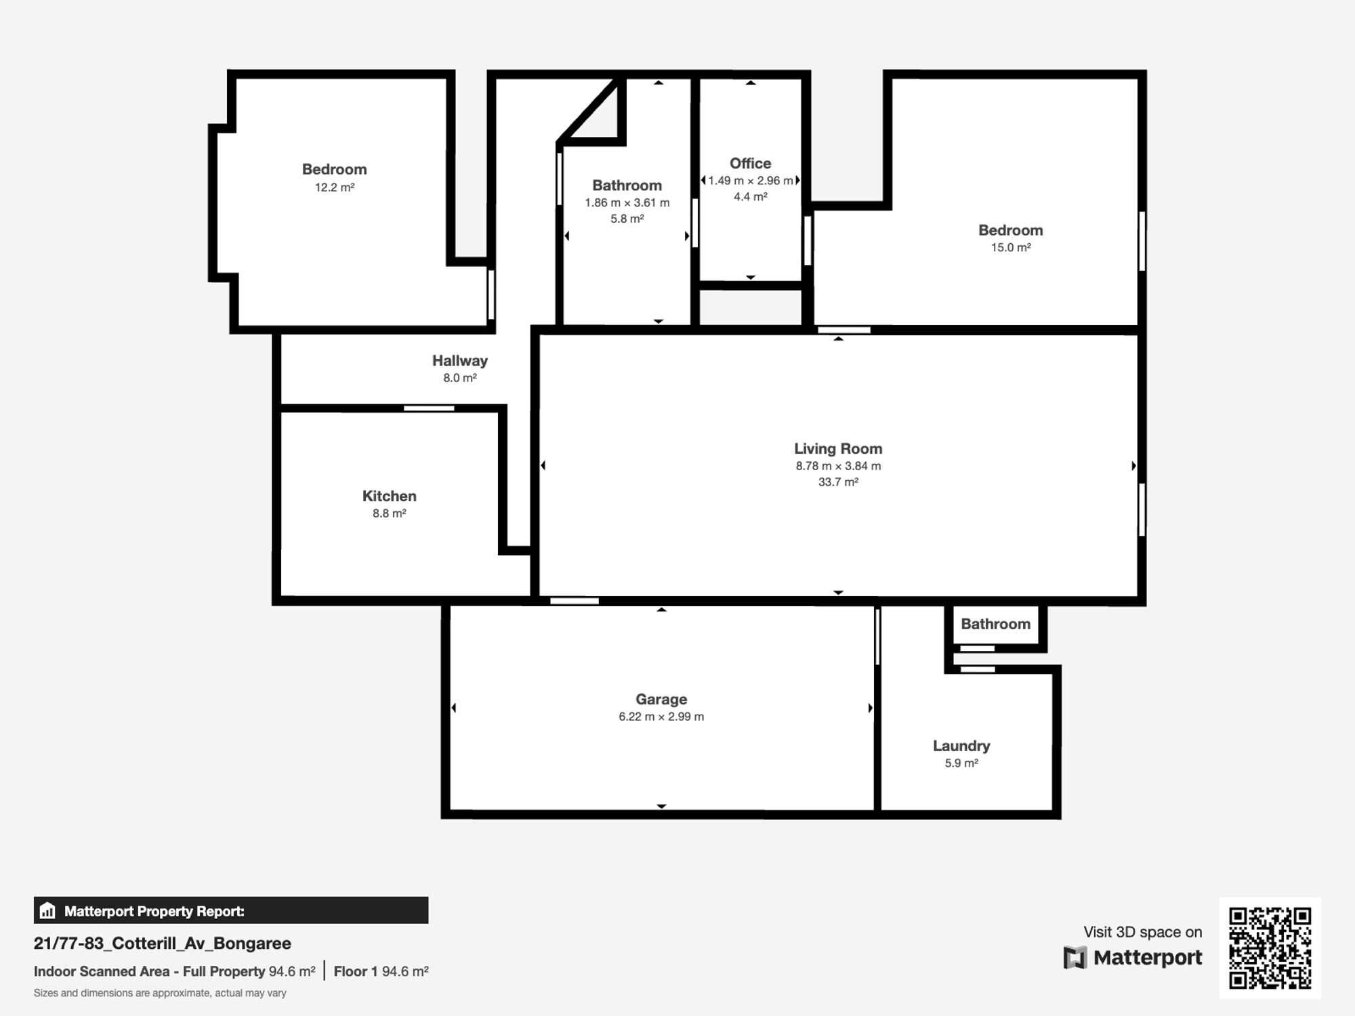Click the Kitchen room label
389,496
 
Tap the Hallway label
460,360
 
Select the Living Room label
838,449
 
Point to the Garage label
661,700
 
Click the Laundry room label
961,746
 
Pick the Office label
750,163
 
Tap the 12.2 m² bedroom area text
335,187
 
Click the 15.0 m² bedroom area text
1011,247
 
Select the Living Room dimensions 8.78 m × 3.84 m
838,466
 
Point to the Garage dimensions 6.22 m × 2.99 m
661,717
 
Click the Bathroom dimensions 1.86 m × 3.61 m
627,203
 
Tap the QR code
1270,948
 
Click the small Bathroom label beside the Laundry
995,624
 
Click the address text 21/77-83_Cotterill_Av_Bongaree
163,944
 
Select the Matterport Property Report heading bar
231,910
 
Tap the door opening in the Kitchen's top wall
429,408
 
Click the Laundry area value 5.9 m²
961,763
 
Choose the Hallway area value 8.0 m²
460,378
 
